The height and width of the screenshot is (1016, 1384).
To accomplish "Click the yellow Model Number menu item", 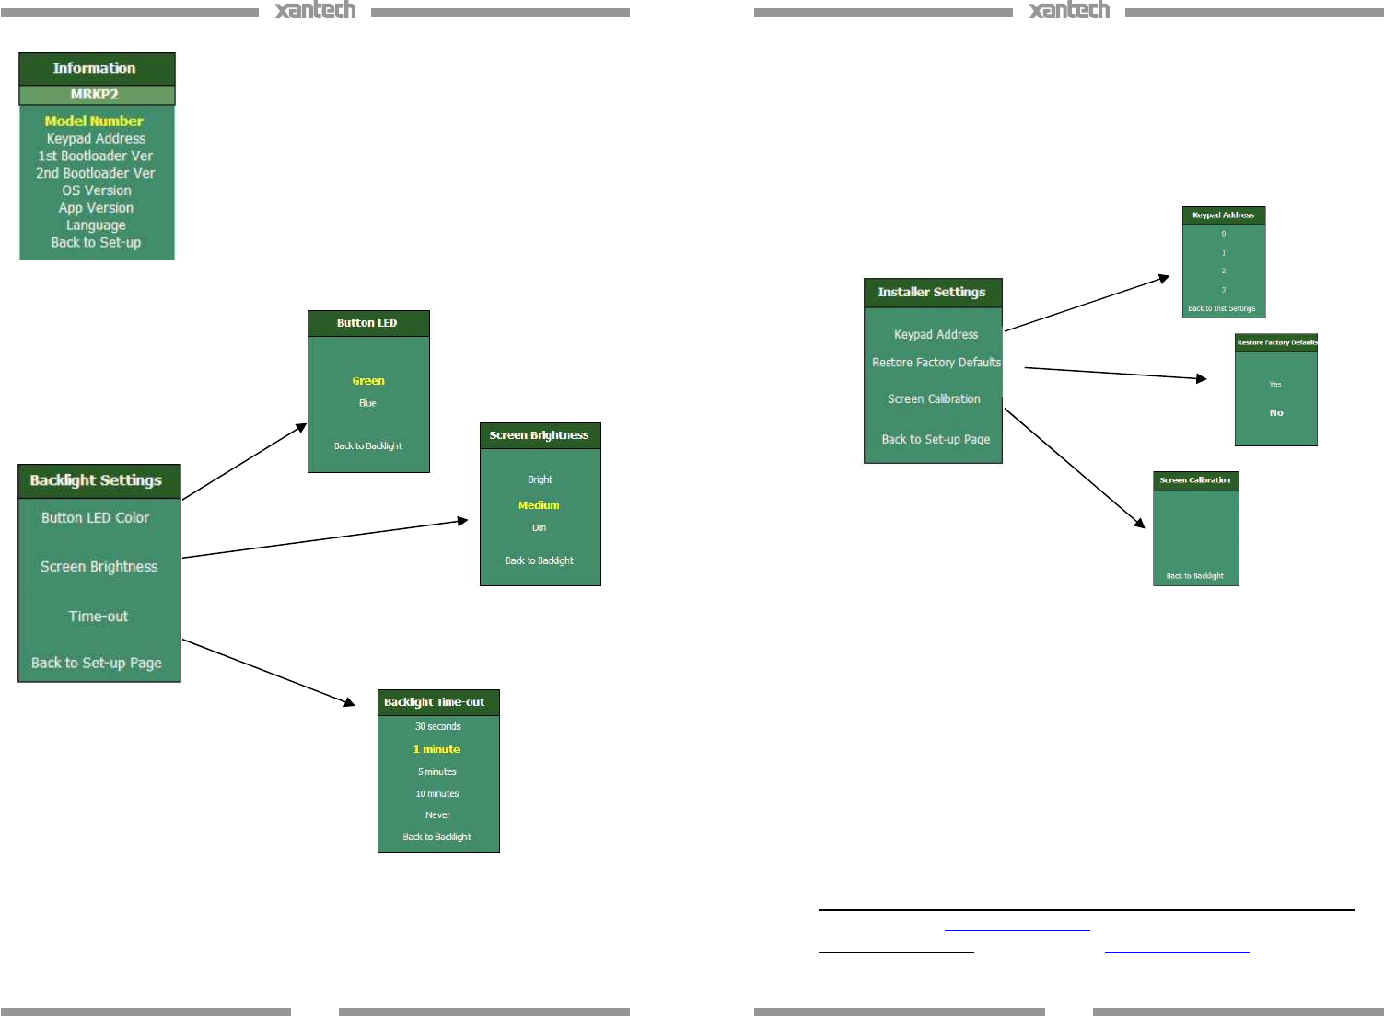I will pos(94,121).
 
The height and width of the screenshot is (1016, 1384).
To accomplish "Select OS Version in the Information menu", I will pos(97,190).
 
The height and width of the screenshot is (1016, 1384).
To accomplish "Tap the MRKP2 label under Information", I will pos(95,94).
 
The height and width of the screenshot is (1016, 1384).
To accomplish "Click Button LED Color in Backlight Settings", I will pos(95,517).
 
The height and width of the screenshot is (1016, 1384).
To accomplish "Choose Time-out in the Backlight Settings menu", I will pos(99,617).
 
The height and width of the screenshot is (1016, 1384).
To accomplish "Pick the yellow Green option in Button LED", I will pos(368,381).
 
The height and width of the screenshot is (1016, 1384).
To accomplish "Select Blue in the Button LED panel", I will pos(367,403).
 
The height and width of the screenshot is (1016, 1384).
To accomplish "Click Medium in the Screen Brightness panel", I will pos(539,505).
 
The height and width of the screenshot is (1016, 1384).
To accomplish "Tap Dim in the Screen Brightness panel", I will pos(539,528).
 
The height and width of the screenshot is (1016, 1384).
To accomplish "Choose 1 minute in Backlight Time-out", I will pos(437,749).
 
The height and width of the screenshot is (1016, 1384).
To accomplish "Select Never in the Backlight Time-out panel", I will pos(437,815).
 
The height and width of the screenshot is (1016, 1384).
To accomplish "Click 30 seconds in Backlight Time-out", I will pos(437,726).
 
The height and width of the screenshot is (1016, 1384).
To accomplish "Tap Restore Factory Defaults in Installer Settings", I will pos(936,363).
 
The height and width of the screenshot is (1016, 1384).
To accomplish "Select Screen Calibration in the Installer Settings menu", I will pos(934,399).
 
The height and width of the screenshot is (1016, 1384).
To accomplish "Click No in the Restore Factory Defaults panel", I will pos(1276,413).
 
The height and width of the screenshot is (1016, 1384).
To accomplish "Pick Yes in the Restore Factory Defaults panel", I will pos(1275,385).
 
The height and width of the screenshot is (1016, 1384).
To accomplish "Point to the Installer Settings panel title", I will pos(932,292).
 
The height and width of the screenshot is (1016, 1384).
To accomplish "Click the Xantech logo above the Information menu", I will pos(315,11).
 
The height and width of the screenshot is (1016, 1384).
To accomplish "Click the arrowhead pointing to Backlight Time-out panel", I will pos(349,702).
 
